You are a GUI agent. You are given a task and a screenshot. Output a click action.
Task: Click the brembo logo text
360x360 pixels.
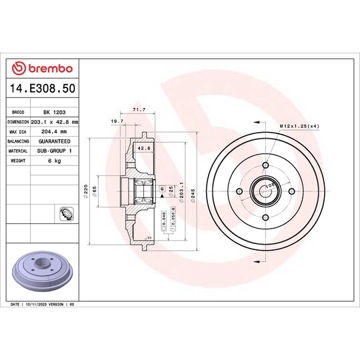[46, 68]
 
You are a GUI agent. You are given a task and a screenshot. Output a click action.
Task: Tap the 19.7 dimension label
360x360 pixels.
[117, 122]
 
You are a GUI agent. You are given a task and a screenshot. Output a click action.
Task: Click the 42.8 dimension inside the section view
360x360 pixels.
[143, 148]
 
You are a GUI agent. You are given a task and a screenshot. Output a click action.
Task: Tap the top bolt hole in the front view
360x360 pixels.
[265, 166]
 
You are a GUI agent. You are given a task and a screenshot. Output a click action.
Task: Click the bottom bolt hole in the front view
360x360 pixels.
[265, 217]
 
